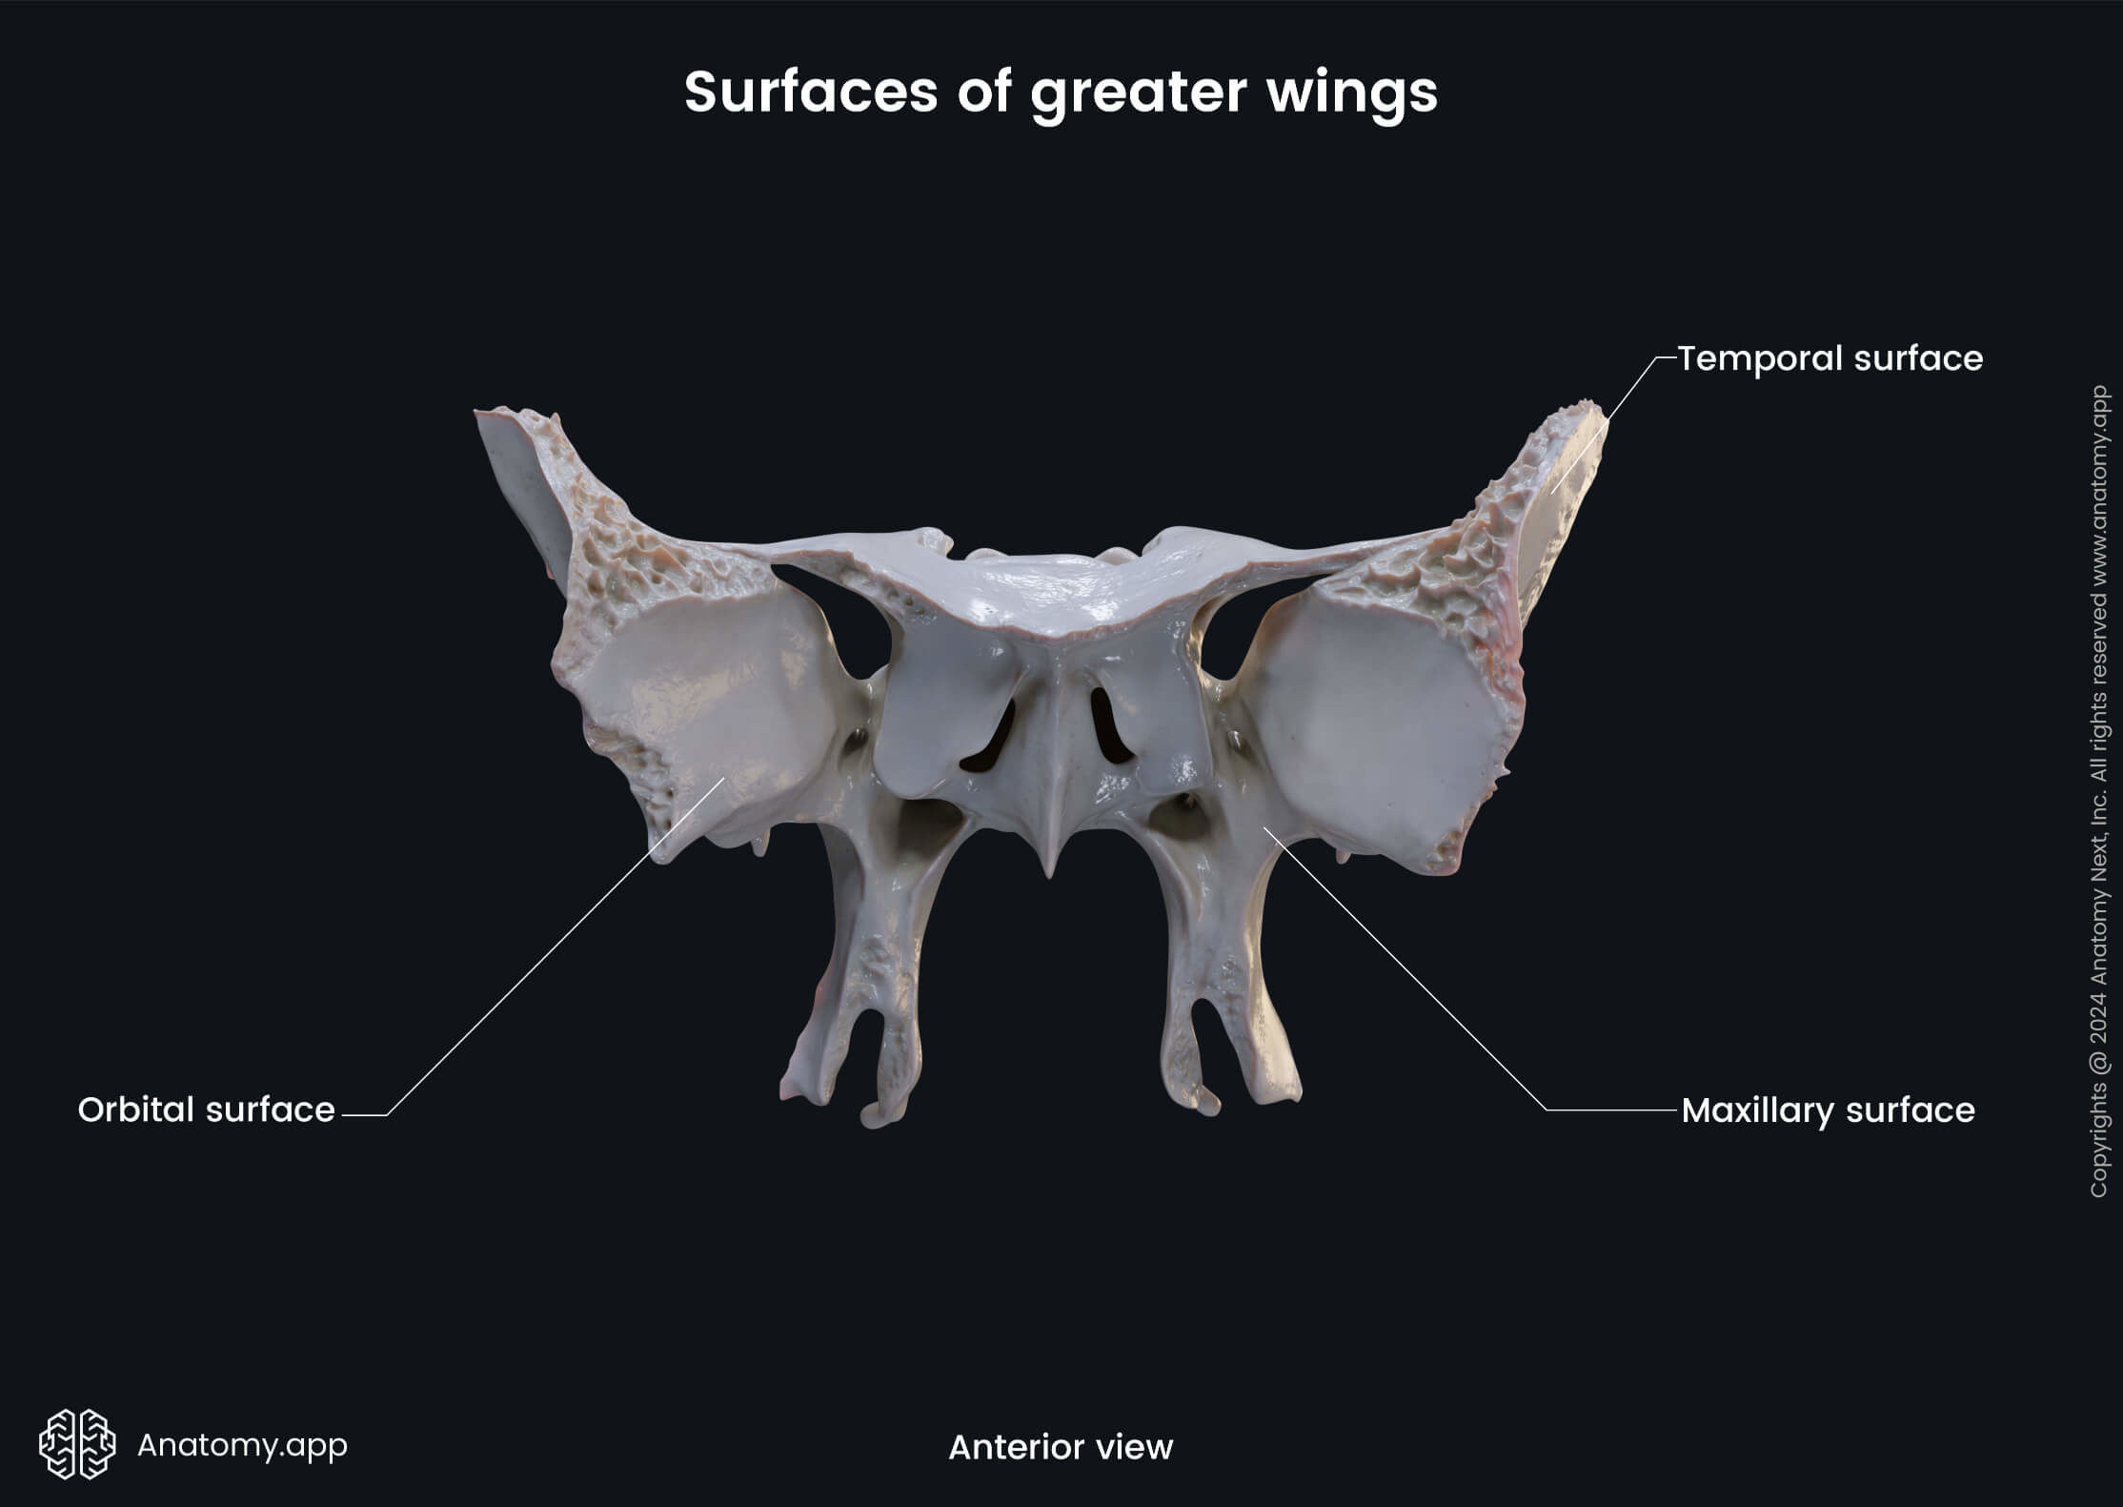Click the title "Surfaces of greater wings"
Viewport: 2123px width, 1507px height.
[x=1061, y=92]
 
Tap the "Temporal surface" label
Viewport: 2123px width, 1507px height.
[x=1830, y=358]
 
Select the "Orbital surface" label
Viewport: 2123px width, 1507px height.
[x=206, y=1110]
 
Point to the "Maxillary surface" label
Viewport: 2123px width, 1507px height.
[x=1828, y=1110]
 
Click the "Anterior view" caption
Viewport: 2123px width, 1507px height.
[x=1061, y=1447]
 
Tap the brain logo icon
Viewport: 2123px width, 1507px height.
[x=77, y=1444]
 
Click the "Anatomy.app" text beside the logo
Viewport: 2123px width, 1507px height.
[x=242, y=1445]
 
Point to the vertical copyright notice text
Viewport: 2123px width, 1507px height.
[x=2098, y=791]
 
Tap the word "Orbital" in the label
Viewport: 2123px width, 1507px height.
[x=133, y=1110]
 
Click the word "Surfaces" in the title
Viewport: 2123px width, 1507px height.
[x=810, y=92]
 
